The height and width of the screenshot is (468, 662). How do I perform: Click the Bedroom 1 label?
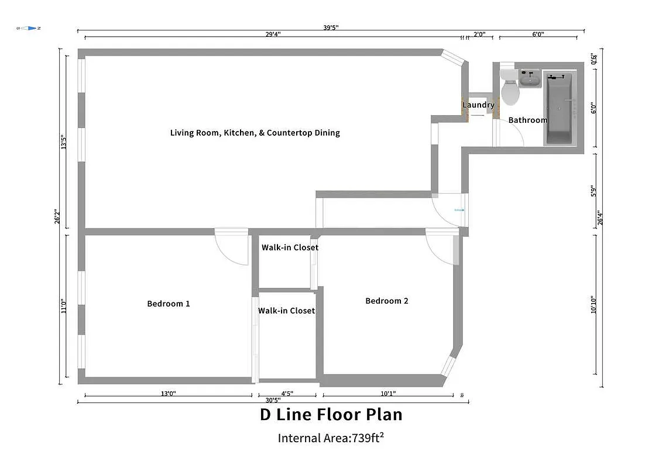(168, 304)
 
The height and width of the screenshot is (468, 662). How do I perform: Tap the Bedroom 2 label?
(386, 301)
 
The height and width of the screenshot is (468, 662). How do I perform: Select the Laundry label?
(478, 105)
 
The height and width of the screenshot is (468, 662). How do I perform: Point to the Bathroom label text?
(527, 120)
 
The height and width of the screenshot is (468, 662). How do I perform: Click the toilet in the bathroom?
(509, 90)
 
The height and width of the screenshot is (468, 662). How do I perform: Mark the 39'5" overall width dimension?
(331, 27)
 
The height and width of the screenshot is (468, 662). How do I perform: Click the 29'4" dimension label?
(273, 35)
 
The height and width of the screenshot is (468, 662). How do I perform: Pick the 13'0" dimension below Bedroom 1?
(168, 394)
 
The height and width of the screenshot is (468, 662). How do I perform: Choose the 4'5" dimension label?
(287, 394)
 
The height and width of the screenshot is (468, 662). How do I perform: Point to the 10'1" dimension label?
(388, 394)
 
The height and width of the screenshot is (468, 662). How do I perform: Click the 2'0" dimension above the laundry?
(479, 35)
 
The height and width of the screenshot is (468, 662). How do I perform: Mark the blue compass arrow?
(28, 28)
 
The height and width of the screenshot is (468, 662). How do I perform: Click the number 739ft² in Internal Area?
(367, 438)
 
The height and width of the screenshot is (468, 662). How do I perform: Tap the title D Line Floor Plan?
(331, 415)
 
